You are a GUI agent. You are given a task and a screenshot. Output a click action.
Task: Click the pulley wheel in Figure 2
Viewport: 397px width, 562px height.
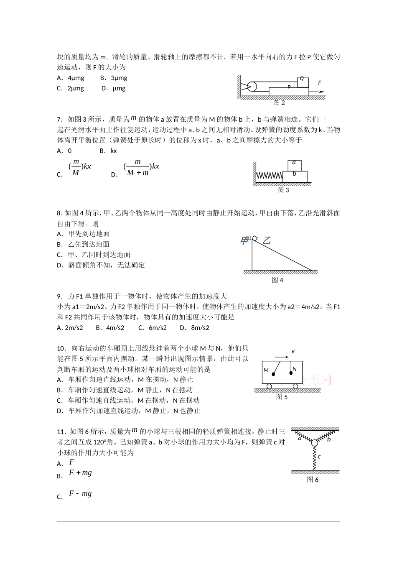tap(252, 87)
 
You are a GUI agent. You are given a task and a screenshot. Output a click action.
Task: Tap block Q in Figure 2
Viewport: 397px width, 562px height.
tap(302, 81)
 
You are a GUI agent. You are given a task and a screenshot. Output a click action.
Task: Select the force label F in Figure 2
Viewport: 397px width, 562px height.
tap(320, 83)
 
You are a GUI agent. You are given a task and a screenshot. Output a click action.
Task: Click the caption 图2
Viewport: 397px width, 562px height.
tap(279, 103)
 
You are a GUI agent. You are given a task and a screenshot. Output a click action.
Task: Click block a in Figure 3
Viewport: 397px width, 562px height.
tap(294, 164)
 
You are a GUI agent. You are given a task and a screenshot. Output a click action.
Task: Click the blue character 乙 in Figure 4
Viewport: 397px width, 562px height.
tap(266, 240)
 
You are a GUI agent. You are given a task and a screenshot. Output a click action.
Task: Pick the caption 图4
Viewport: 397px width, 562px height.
tap(277, 280)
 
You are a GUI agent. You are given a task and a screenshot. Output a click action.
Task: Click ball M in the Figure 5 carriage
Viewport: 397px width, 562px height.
tap(273, 374)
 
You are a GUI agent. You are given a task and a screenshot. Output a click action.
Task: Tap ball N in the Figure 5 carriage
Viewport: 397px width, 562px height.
tap(290, 371)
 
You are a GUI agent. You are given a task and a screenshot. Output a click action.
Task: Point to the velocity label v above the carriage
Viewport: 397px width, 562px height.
tap(293, 351)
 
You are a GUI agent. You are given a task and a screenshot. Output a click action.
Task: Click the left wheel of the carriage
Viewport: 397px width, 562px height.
tap(270, 386)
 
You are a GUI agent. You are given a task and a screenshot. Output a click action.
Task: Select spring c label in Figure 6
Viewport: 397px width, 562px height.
tap(319, 456)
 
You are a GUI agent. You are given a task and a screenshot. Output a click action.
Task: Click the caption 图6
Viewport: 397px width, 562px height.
tap(313, 480)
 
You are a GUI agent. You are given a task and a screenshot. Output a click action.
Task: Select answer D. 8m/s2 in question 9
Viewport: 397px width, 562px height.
tap(194, 328)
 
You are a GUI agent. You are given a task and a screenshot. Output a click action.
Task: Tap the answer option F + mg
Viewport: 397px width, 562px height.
tap(80, 473)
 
